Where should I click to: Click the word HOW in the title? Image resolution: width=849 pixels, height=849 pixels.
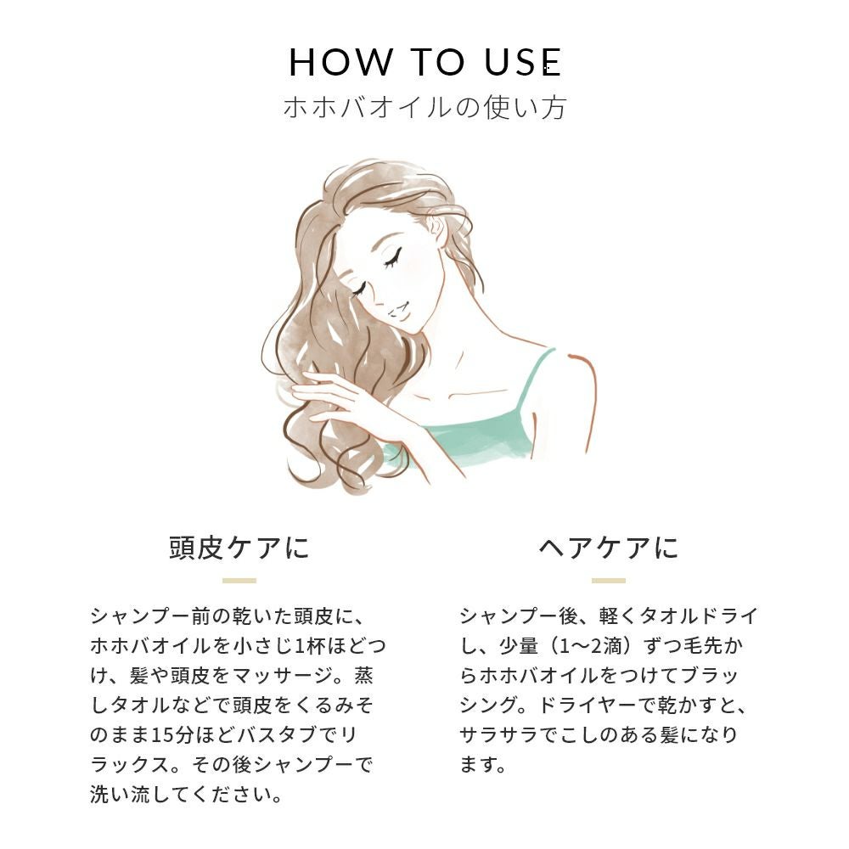(x=340, y=62)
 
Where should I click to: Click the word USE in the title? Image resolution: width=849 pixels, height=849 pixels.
(x=524, y=62)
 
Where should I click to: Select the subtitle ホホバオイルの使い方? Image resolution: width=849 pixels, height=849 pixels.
(x=424, y=107)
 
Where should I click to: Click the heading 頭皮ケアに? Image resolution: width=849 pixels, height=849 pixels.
(x=239, y=548)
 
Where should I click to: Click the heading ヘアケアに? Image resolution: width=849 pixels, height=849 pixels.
(x=609, y=548)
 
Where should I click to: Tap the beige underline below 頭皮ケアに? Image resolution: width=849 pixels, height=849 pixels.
(x=239, y=581)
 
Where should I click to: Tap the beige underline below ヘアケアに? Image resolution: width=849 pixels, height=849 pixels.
(x=609, y=581)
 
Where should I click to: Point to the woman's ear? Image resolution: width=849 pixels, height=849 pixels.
(x=436, y=228)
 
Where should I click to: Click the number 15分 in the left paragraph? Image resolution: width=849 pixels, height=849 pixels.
(x=172, y=735)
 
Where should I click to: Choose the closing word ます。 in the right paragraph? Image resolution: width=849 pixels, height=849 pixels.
(x=483, y=765)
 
